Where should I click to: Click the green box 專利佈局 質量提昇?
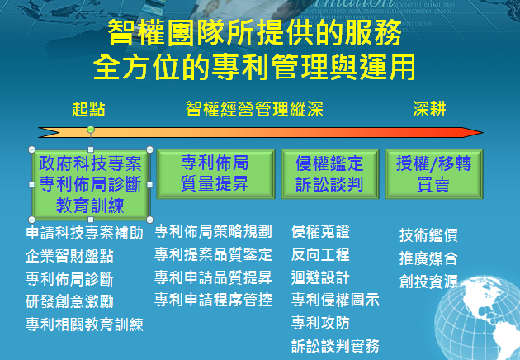click(216, 174)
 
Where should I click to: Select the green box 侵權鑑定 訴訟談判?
click(330, 174)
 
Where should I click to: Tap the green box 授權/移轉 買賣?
click(434, 174)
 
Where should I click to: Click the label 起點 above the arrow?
click(88, 109)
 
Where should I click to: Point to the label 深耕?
click(429, 109)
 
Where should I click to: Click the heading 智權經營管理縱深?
click(254, 109)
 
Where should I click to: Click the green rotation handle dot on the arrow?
click(91, 130)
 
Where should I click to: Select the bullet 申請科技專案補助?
click(84, 233)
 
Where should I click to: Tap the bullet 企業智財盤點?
click(69, 256)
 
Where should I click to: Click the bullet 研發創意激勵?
click(69, 301)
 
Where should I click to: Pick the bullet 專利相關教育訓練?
click(84, 324)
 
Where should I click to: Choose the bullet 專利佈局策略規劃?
click(213, 231)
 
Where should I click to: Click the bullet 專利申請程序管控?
click(213, 300)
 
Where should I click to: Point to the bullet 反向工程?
click(320, 254)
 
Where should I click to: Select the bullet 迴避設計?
click(320, 277)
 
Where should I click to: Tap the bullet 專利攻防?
click(320, 323)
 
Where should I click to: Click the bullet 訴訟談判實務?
click(335, 346)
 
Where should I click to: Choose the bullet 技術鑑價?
click(428, 235)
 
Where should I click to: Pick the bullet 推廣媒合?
click(428, 258)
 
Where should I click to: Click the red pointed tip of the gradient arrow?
click(482, 133)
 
